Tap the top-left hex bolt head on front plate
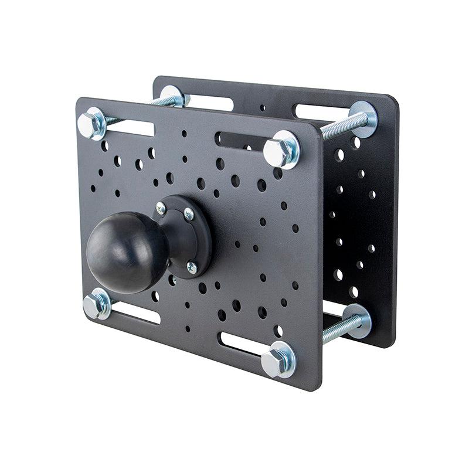91,123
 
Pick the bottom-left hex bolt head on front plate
95,305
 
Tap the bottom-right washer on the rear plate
358,320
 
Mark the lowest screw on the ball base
191,267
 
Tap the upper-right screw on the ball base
188,215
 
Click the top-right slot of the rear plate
320,111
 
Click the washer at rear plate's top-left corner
174,96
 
